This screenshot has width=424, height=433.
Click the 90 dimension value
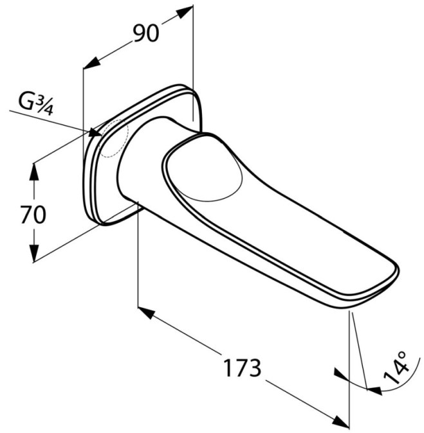click(x=146, y=33)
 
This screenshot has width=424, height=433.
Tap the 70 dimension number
click(x=33, y=215)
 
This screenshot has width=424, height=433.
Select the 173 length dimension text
click(x=243, y=368)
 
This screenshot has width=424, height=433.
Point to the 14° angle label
click(x=396, y=368)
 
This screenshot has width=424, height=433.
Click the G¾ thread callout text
click(x=35, y=105)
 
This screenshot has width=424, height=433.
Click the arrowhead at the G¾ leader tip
click(x=95, y=132)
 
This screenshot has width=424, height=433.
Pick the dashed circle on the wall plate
click(x=114, y=139)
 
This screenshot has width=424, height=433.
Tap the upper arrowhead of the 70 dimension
click(x=34, y=172)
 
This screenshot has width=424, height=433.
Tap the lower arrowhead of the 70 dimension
click(x=34, y=253)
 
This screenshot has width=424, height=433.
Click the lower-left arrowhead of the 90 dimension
click(x=91, y=62)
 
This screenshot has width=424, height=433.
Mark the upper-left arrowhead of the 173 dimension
click(x=146, y=312)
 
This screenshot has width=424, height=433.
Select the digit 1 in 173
click(x=228, y=368)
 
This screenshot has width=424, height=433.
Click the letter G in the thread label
click(x=26, y=102)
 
